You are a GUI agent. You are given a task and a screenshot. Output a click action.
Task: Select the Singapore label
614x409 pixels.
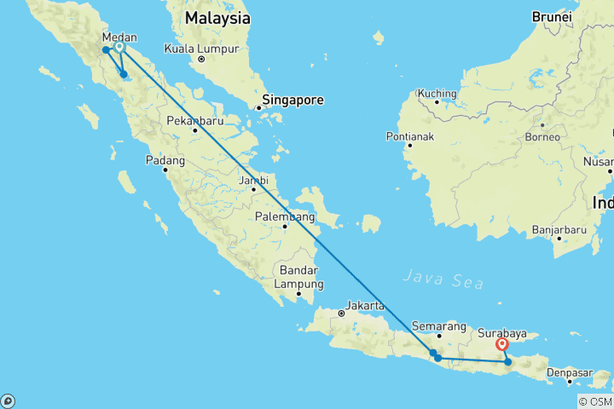[x=293, y=100]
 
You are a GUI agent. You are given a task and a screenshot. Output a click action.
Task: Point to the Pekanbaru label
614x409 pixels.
[x=195, y=119]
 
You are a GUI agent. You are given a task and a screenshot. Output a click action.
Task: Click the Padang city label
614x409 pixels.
[x=165, y=159]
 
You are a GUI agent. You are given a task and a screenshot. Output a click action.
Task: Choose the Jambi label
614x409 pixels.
[x=254, y=180]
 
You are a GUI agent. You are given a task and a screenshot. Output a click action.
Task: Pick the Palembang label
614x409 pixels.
[x=283, y=216]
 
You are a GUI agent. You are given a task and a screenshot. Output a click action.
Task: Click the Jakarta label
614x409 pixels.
[x=364, y=305]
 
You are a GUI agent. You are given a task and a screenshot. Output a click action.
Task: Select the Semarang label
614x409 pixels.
[x=438, y=325]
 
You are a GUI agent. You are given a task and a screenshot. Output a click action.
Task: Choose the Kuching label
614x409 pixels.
[x=437, y=92]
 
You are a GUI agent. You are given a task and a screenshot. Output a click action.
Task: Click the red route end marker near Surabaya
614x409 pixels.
[x=502, y=345]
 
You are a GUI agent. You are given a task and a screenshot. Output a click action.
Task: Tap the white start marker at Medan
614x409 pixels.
[x=119, y=48]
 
